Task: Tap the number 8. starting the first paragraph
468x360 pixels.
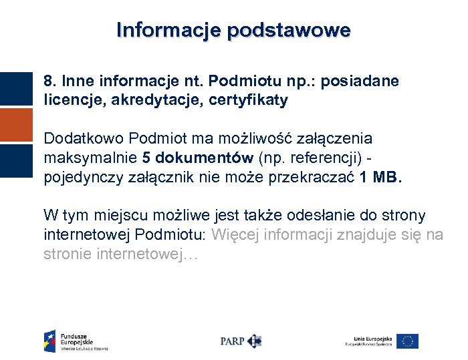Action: pyautogui.click(x=50, y=81)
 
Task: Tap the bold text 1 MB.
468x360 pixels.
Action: pyautogui.click(x=382, y=178)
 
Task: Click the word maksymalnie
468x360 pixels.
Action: pyautogui.click(x=90, y=158)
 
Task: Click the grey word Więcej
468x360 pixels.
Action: pyautogui.click(x=235, y=235)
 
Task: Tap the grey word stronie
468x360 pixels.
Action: pyautogui.click(x=69, y=254)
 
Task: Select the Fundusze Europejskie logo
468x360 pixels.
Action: pyautogui.click(x=76, y=341)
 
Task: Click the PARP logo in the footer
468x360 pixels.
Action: pyautogui.click(x=241, y=341)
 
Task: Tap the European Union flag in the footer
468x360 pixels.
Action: pyautogui.click(x=407, y=341)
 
